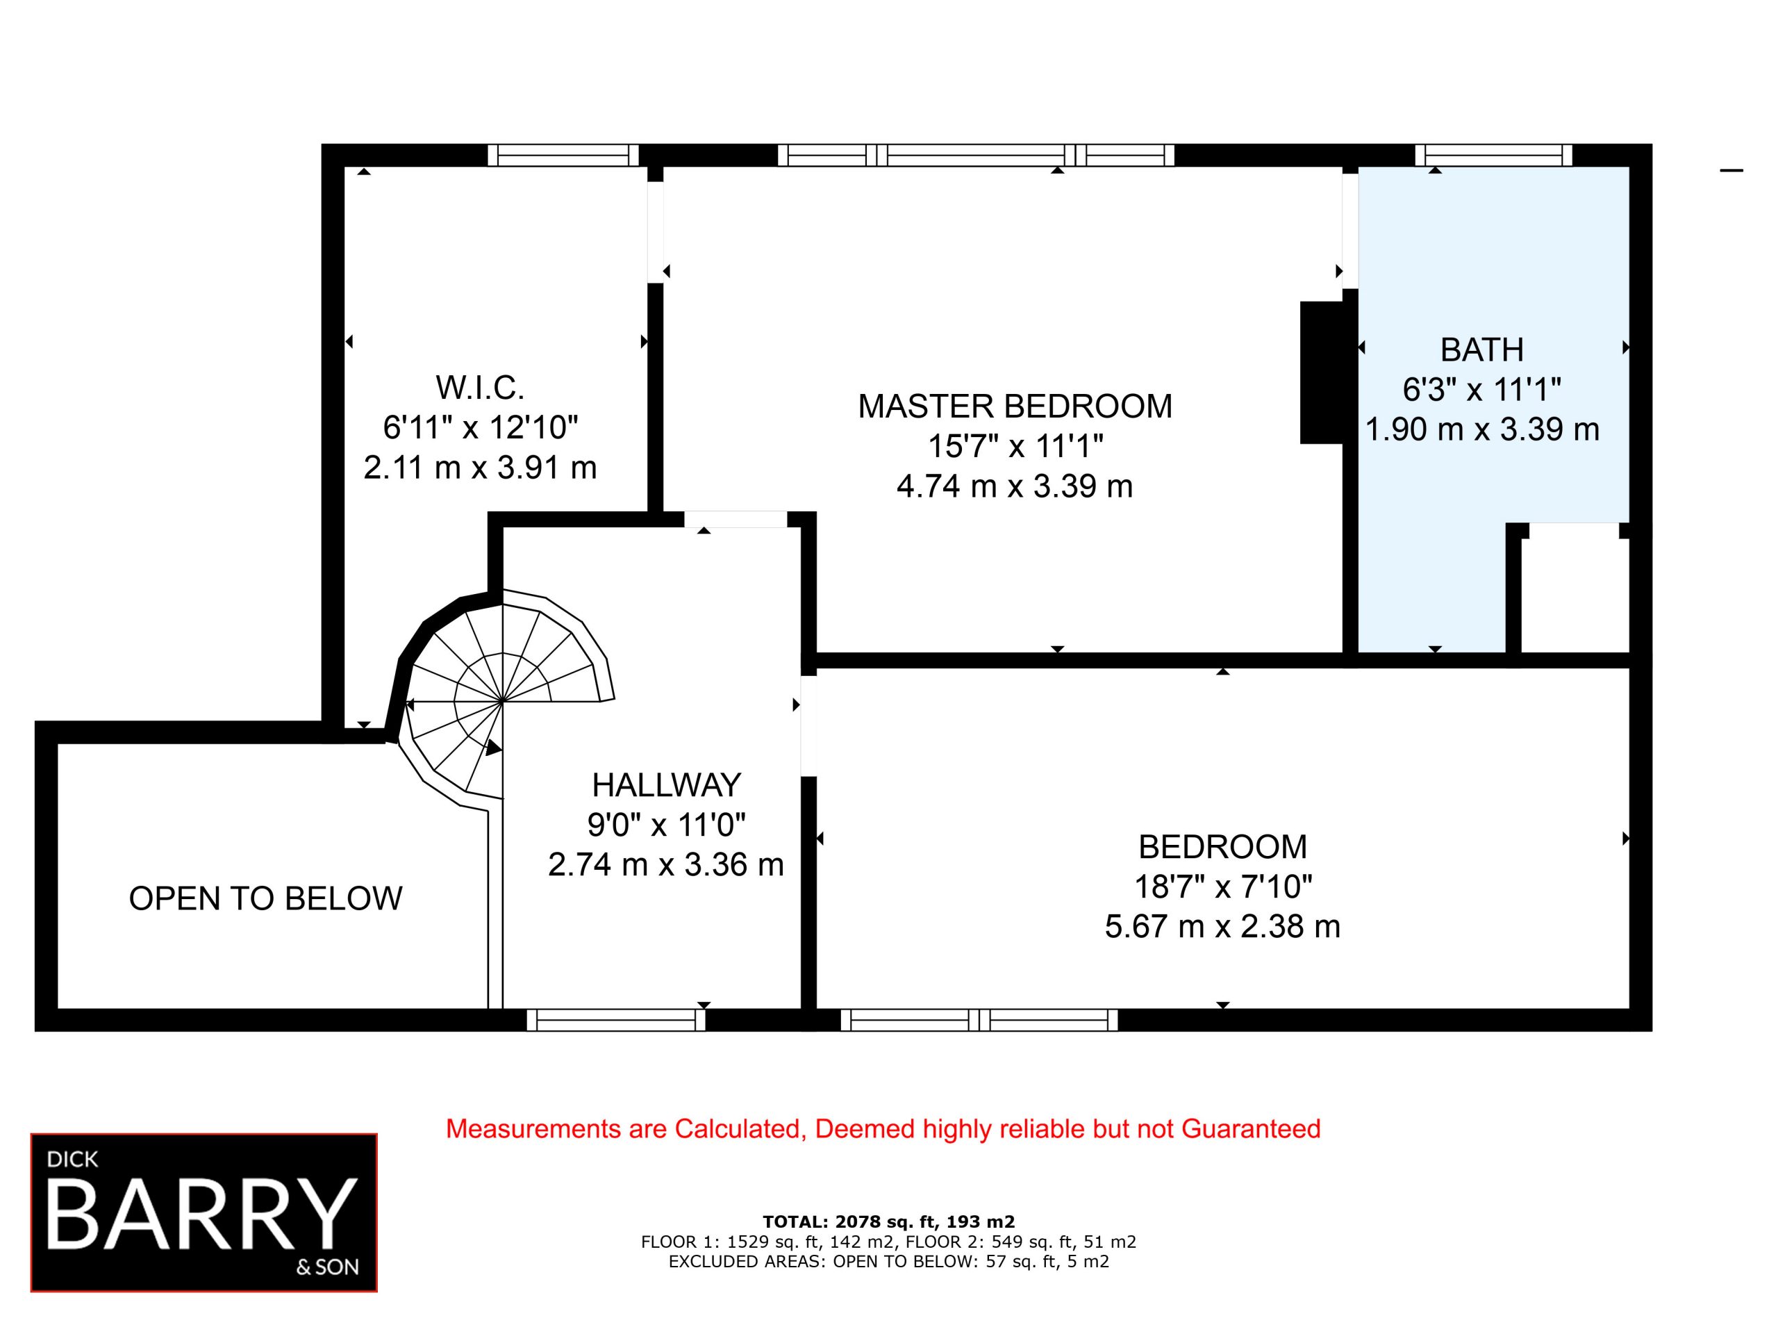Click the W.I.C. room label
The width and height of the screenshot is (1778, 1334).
point(480,388)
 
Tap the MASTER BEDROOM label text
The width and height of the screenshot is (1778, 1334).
point(1015,406)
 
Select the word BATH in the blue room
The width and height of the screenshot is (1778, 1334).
point(1482,349)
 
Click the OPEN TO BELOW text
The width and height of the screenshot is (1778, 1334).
point(265,898)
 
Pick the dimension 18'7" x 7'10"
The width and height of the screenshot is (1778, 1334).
point(1222,887)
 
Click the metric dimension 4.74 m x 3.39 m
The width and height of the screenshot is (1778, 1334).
point(1015,486)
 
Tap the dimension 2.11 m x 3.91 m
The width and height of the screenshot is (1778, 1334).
point(480,467)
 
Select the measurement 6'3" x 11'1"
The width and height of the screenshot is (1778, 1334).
point(1482,390)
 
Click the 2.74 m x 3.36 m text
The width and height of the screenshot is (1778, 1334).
point(666,864)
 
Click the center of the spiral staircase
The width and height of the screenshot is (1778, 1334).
point(502,701)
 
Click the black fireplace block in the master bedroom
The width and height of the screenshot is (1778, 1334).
point(1322,372)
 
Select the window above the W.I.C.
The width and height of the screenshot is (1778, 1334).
point(563,155)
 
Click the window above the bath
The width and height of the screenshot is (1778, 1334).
point(1493,155)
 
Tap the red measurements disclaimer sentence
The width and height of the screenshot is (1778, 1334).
point(883,1129)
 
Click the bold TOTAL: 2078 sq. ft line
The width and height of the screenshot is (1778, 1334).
point(888,1222)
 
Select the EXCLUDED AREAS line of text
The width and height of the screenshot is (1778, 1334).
point(888,1261)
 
